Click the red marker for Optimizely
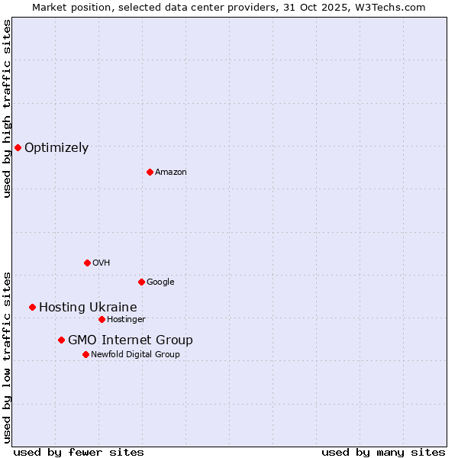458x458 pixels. [x=18, y=147]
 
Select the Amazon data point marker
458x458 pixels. [x=150, y=172]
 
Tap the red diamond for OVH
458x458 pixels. [x=87, y=263]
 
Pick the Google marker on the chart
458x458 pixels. [x=141, y=282]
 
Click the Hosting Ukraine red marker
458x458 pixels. [x=32, y=307]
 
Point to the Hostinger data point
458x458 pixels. [x=102, y=319]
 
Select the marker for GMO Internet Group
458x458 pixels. [x=61, y=340]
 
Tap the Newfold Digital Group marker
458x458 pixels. [x=85, y=354]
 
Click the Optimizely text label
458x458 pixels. [x=56, y=148]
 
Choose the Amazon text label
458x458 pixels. [x=171, y=173]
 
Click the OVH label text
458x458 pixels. [x=102, y=263]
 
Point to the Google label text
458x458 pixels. [x=160, y=282]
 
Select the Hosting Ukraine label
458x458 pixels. [x=88, y=308]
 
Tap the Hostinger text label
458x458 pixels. [x=126, y=320]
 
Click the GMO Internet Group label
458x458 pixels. [x=131, y=340]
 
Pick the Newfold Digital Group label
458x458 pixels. [x=135, y=355]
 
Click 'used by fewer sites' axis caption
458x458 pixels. [x=79, y=452]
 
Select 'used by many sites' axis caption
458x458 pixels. [x=383, y=452]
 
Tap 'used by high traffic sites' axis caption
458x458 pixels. [x=7, y=108]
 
